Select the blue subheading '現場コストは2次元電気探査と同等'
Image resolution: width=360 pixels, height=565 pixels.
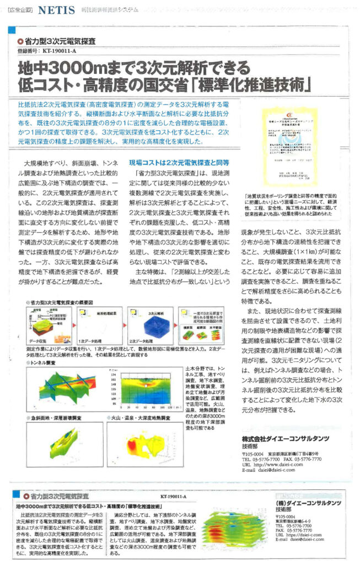pyautogui.click(x=179, y=162)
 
